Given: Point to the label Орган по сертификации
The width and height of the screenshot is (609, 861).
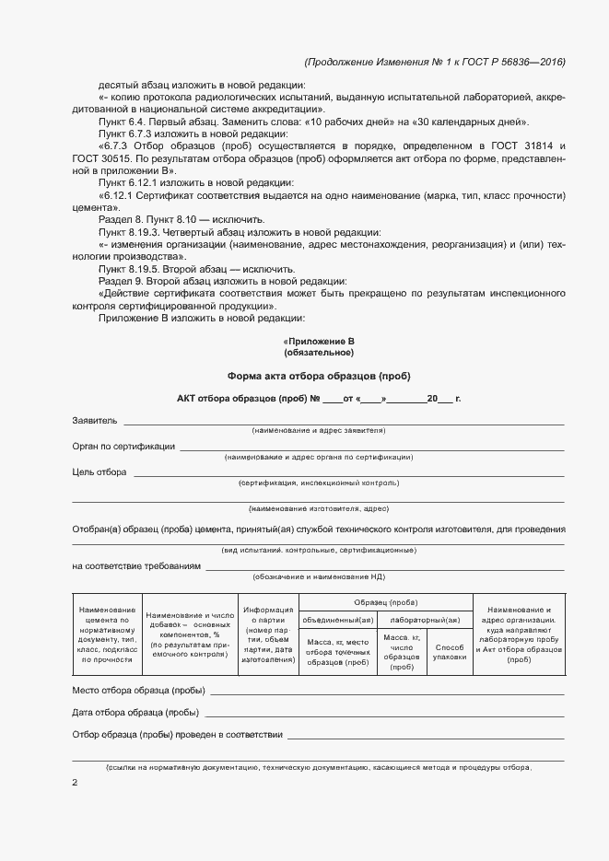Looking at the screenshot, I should pyautogui.click(x=123, y=447).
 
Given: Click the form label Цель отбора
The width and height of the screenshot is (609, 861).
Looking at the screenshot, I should pyautogui.click(x=100, y=472).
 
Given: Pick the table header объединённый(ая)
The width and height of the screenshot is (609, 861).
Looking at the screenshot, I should pyautogui.click(x=338, y=619).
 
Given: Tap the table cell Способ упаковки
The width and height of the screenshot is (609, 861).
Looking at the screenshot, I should pyautogui.click(x=450, y=652).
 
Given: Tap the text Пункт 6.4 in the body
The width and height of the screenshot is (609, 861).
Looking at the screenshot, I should pyautogui.click(x=119, y=122).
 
